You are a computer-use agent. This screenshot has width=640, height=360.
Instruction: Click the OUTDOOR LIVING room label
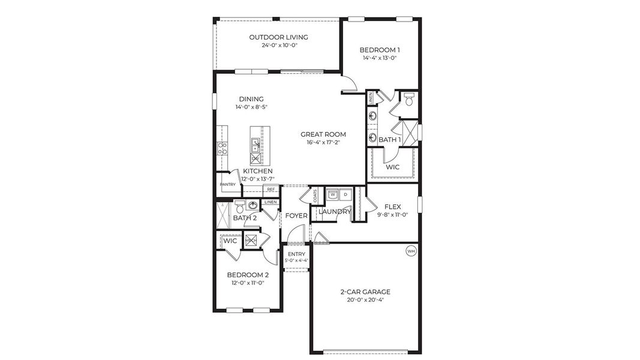click(274, 37)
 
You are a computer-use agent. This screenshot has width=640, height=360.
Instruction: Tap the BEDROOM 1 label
click(380, 50)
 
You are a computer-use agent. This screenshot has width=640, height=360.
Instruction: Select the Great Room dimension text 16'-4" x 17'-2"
click(323, 143)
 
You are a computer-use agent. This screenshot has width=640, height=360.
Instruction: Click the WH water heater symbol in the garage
click(411, 251)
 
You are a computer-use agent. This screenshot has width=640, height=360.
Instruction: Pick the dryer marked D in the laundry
click(345, 194)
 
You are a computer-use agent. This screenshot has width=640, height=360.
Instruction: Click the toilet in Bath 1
click(410, 100)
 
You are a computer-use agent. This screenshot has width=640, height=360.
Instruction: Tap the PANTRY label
click(227, 184)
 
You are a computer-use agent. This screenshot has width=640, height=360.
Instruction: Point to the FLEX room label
click(392, 206)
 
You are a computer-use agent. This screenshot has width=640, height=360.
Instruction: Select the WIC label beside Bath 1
click(393, 167)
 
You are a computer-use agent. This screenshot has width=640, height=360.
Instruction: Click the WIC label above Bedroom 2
click(230, 241)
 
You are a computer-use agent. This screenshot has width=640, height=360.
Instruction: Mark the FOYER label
click(296, 216)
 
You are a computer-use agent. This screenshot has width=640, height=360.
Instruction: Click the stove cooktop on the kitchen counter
click(223, 148)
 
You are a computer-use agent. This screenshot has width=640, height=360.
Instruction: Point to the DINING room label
click(251, 99)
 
